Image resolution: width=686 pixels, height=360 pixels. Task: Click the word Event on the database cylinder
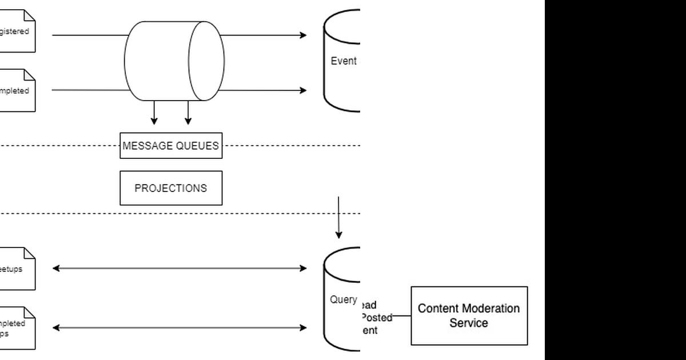344,61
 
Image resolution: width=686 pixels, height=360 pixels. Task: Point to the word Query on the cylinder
344,299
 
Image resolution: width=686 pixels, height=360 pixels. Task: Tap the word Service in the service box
469,323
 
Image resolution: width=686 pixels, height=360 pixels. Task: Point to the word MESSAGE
146,146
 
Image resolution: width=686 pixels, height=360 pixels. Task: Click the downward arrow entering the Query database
339,217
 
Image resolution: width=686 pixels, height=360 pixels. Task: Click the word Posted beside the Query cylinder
377,317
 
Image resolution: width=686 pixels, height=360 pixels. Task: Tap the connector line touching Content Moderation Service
402,315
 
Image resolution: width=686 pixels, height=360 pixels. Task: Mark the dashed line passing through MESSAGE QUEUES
57,146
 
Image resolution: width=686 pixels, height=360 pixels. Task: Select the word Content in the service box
437,309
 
